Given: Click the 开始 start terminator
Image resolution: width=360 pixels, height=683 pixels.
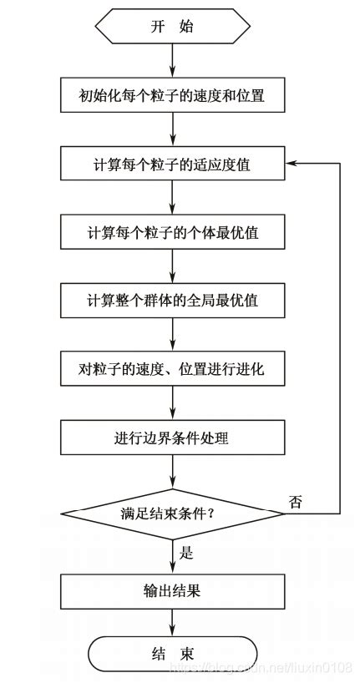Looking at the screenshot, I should pyautogui.click(x=172, y=26).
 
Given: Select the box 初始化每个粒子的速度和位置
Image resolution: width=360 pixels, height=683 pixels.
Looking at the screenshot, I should pyautogui.click(x=172, y=96).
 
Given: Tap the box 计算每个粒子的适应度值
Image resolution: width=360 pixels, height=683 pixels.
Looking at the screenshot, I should pyautogui.click(x=172, y=164).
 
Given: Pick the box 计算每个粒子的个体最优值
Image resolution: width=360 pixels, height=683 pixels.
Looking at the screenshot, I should pyautogui.click(x=172, y=232).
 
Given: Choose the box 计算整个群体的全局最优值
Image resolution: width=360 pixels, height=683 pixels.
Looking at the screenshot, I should pyautogui.click(x=172, y=300).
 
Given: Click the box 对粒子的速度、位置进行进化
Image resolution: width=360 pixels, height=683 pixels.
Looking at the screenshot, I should pyautogui.click(x=172, y=368).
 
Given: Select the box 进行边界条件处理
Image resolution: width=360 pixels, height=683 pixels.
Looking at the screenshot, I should pyautogui.click(x=172, y=436).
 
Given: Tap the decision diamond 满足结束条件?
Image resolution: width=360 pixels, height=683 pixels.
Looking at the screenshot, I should pyautogui.click(x=172, y=514).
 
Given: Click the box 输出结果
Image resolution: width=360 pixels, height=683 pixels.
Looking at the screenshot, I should pyautogui.click(x=172, y=592).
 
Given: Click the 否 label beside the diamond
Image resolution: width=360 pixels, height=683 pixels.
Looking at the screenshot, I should pyautogui.click(x=295, y=502).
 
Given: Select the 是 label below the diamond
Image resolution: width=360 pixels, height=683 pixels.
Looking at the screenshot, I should pyautogui.click(x=186, y=552).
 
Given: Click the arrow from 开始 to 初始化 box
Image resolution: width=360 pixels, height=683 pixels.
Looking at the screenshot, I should pyautogui.click(x=172, y=61).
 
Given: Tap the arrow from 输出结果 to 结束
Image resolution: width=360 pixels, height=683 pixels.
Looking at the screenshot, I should pyautogui.click(x=172, y=622).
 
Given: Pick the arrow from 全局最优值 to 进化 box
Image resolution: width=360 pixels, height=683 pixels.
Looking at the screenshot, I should pyautogui.click(x=172, y=334).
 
